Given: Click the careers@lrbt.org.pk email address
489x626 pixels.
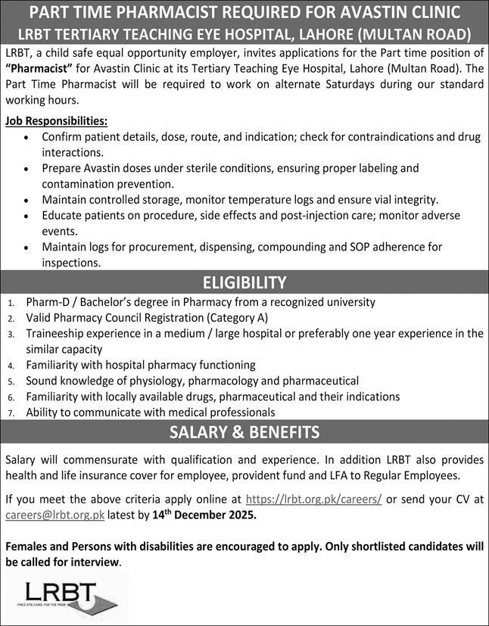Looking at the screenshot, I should (55, 515).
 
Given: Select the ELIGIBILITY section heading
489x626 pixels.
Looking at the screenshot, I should (244, 282).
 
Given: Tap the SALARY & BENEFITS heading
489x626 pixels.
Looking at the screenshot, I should (244, 432).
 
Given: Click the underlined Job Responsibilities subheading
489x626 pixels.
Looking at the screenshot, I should (56, 121).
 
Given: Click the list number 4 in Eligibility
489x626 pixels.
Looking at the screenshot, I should (11, 365).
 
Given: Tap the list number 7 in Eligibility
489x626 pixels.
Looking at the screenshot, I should (11, 413).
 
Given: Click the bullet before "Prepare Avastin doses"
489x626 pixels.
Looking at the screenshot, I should (27, 168).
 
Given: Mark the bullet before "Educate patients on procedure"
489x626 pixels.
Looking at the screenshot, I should (27, 216).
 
